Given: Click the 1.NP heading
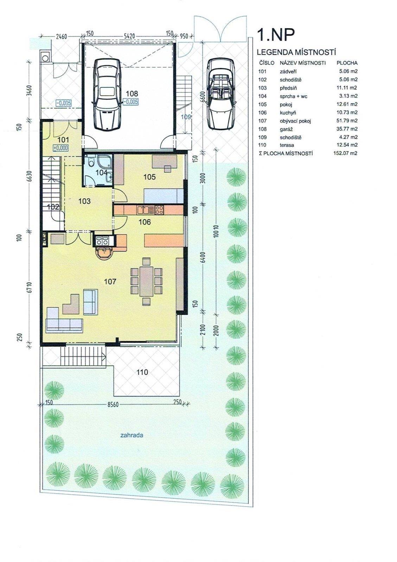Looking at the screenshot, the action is pyautogui.click(x=275, y=35).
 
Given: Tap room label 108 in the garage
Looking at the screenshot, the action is pyautogui.click(x=132, y=93).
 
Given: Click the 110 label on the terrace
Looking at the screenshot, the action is pyautogui.click(x=142, y=372).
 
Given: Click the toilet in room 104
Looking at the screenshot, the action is pyautogui.click(x=91, y=161).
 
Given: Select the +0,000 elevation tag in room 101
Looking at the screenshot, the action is pyautogui.click(x=60, y=148).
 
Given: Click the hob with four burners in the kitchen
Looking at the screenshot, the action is pyautogui.click(x=159, y=210).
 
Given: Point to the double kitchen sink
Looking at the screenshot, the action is pyautogui.click(x=143, y=210).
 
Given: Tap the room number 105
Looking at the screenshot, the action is pyautogui.click(x=149, y=177).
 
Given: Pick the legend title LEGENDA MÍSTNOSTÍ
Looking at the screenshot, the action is pyautogui.click(x=296, y=52).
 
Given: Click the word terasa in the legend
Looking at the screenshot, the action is pyautogui.click(x=287, y=145).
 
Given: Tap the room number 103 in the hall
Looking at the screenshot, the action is pyautogui.click(x=84, y=201).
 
